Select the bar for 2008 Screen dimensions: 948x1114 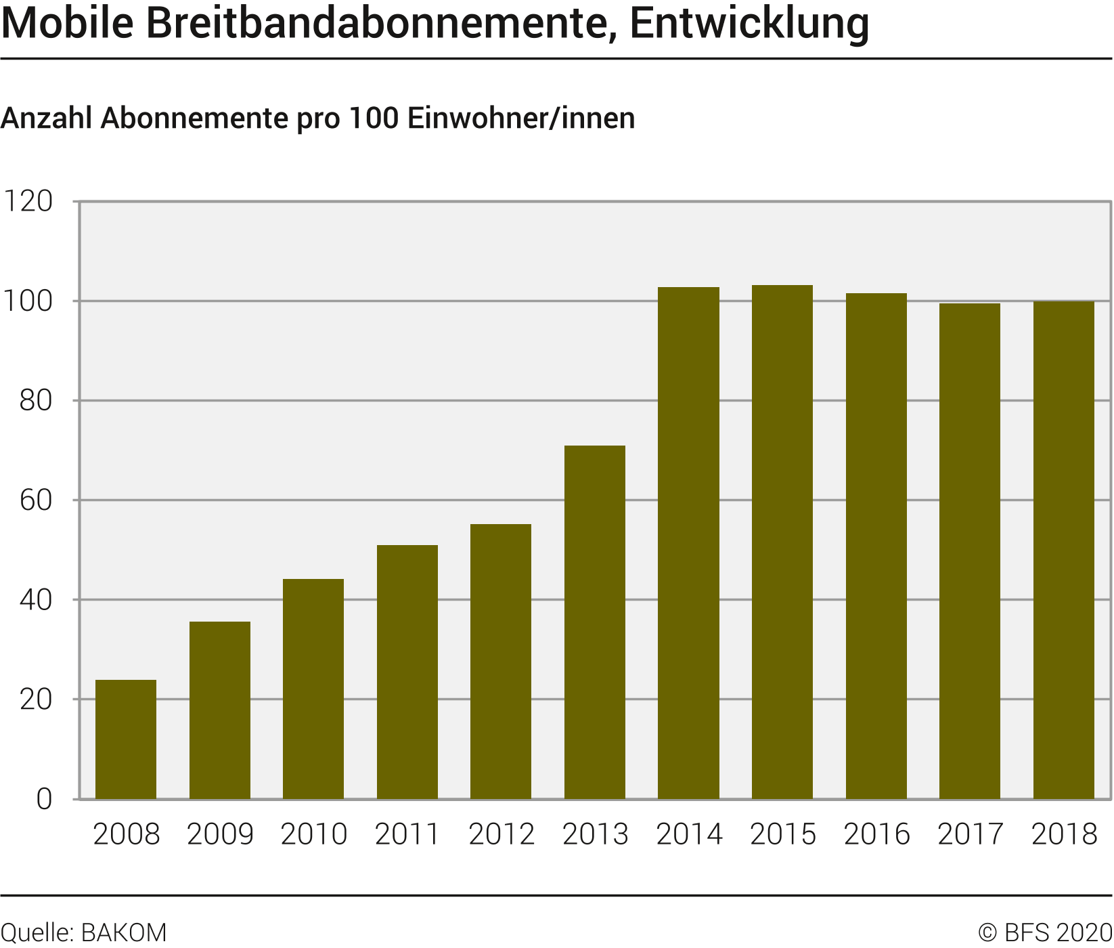126,739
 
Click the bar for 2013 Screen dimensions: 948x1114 595,622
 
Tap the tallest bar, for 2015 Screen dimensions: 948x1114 782,542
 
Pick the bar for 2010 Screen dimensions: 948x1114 313,689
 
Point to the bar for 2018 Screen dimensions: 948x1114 1063,551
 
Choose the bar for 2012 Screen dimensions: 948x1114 501,662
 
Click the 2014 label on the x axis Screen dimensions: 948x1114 689,834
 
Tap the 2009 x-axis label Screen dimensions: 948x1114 220,834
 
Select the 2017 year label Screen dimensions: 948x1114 970,834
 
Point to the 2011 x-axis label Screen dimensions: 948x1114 407,834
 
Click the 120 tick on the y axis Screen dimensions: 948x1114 28,202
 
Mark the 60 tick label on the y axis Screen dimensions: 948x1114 36,500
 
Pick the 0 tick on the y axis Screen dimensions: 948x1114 44,799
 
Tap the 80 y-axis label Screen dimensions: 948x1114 36,401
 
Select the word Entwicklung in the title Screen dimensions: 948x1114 749,23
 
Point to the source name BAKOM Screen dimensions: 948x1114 124,933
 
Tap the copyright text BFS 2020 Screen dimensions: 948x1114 1058,933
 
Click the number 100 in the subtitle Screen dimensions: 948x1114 374,118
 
